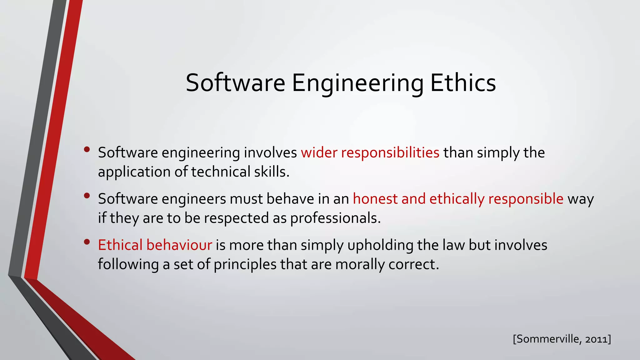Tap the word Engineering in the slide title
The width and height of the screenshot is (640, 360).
coord(357,83)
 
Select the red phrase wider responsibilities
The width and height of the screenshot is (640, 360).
coord(370,153)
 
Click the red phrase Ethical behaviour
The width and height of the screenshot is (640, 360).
coord(155,245)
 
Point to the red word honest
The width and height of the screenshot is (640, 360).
coord(375,199)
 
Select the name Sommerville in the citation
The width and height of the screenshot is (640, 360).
coord(549,339)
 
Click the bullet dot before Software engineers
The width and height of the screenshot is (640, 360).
coord(87,196)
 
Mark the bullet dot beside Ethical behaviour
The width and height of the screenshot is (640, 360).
coord(87,242)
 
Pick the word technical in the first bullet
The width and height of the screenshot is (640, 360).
coord(221,172)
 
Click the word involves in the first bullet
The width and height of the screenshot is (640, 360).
coord(270,153)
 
